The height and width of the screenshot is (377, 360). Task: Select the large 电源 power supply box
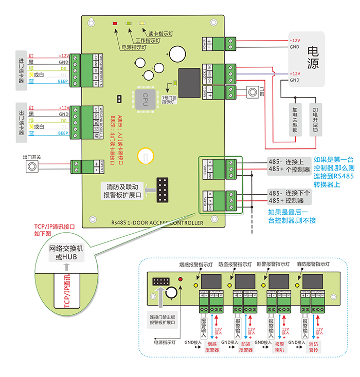point(313,58)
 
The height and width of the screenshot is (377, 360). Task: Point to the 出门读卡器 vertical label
point(21,121)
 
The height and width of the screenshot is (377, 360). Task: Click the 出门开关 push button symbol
point(33,167)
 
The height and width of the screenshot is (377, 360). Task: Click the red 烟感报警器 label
point(212,347)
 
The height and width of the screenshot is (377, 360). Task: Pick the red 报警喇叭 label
point(279,347)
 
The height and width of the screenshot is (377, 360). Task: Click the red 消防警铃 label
point(314,347)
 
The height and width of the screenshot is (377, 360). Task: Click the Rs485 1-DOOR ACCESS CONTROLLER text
point(157,223)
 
